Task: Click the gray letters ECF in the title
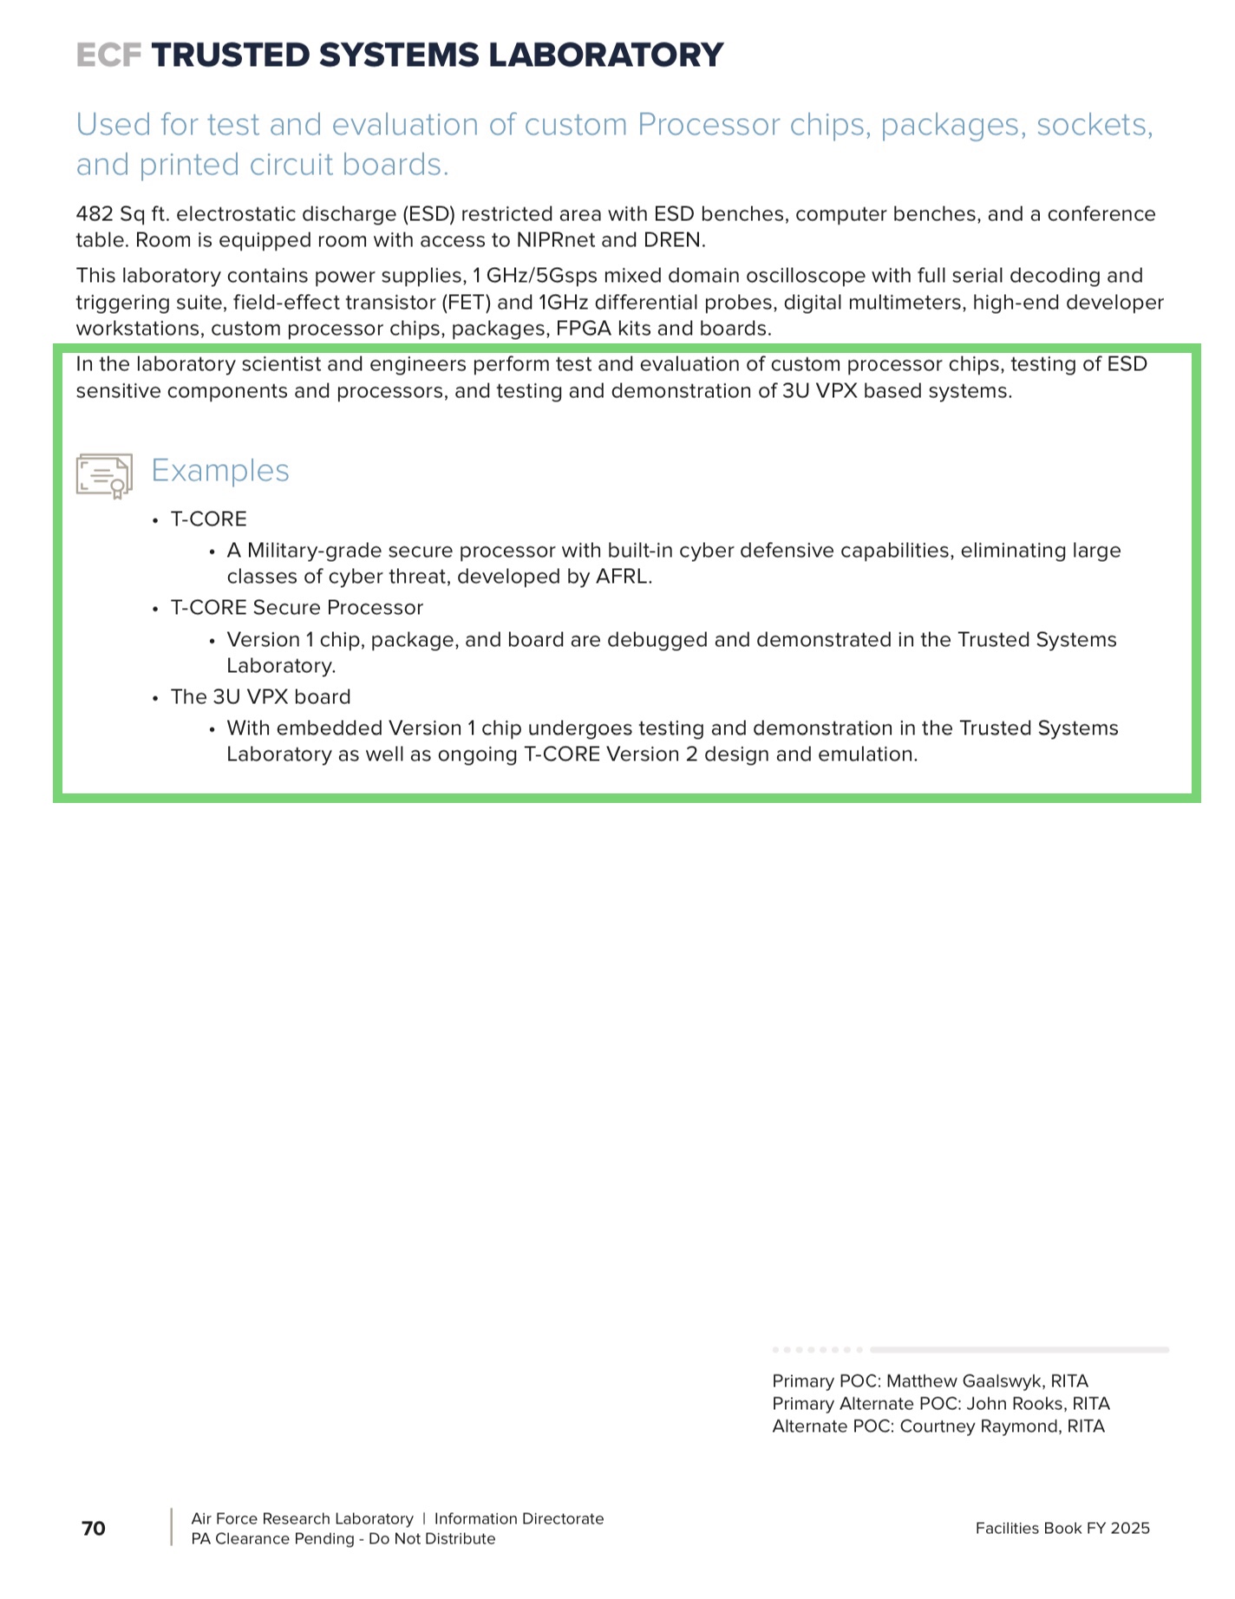108,55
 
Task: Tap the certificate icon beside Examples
104,475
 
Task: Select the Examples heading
220,471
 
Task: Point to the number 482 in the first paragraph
95,214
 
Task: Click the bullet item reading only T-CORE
209,519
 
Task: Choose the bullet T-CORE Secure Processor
297,608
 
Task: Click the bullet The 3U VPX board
260,697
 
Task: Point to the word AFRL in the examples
623,577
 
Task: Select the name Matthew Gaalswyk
964,1381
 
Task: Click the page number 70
94,1529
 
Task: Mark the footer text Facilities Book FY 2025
1062,1529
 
